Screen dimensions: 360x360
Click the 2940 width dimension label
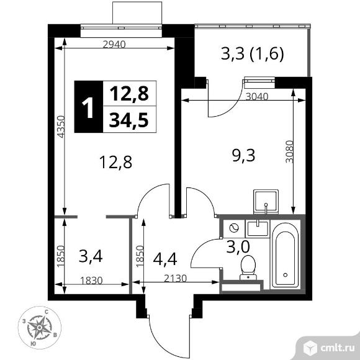pos(114,44)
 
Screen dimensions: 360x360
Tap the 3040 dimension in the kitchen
pos(257,97)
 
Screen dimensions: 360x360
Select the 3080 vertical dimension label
pos(289,151)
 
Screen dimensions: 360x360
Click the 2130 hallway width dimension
pos(176,278)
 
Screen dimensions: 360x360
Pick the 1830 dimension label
pos(91,281)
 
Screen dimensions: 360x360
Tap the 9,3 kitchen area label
pos(243,155)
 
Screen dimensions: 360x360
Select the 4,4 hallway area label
pos(165,259)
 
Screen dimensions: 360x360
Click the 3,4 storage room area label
pos(91,256)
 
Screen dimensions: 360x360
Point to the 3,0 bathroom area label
pos(238,246)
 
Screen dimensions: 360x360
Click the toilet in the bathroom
pos(248,268)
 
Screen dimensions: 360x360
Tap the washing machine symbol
pos(234,228)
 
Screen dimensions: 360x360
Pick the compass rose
pos(40,328)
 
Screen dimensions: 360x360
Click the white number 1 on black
pos(88,107)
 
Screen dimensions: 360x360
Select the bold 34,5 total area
pos(129,120)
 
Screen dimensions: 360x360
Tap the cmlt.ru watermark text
pos(337,348)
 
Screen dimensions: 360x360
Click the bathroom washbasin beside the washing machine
pos(258,228)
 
